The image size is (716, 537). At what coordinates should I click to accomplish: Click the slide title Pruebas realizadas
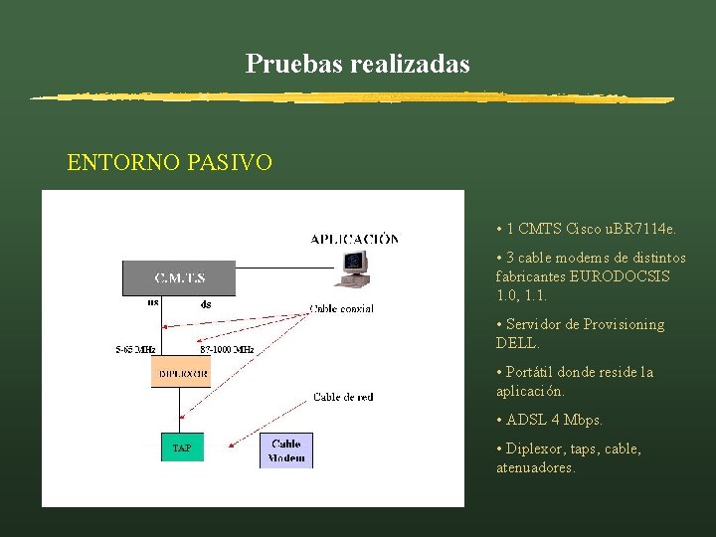358,65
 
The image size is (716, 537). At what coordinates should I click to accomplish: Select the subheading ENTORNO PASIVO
169,162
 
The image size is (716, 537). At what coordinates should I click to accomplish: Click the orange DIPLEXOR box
180,372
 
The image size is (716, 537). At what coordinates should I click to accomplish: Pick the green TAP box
182,448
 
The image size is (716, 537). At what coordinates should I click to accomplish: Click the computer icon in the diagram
353,264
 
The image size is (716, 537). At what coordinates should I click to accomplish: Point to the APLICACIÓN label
355,239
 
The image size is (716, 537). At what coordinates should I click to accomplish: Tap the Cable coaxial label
342,308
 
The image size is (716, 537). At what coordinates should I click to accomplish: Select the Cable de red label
343,397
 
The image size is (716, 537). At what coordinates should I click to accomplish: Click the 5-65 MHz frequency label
135,349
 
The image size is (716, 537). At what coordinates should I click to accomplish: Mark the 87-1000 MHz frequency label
227,349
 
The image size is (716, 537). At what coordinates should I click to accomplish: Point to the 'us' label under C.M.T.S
153,302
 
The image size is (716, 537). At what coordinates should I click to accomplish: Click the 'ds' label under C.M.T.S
205,304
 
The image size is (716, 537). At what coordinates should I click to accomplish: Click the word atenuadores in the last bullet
535,466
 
